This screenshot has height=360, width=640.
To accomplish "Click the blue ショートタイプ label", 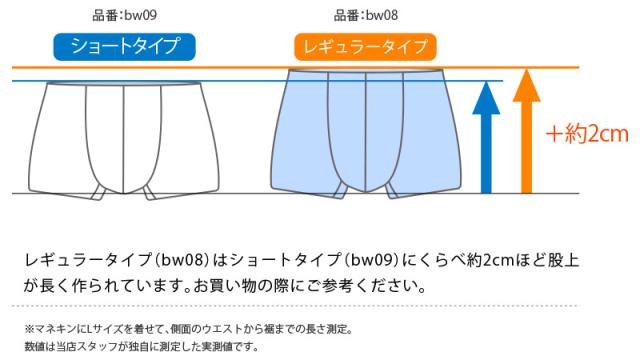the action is (x=124, y=46).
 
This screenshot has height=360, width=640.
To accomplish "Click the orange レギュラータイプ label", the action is (x=365, y=46).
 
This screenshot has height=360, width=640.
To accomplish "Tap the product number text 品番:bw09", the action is (x=124, y=15).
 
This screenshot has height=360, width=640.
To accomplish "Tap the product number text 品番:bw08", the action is (x=366, y=15).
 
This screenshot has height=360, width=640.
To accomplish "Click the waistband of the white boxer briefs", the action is (x=124, y=88).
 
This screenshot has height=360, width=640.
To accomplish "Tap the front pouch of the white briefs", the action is (x=124, y=140).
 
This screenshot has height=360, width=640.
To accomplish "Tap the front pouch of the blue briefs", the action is (x=365, y=135).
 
